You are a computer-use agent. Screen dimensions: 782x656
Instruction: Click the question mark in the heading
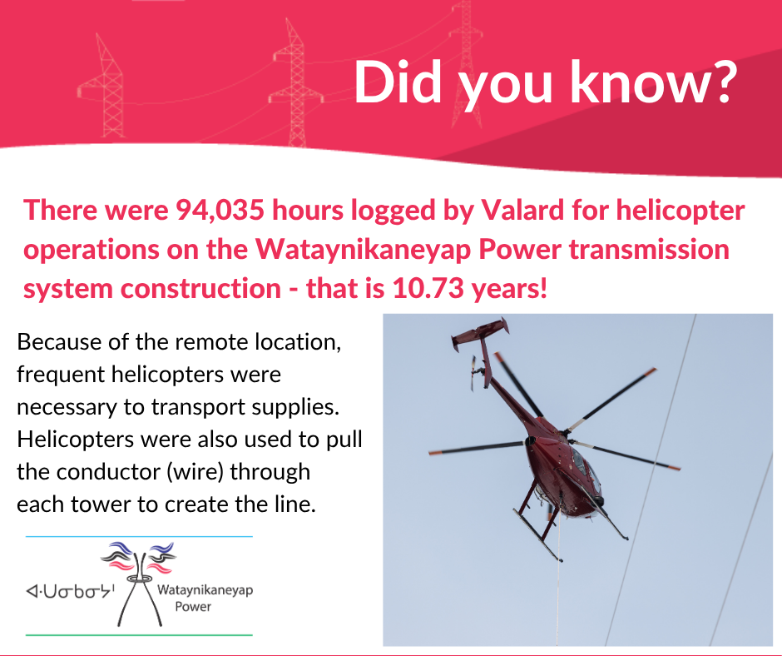pyautogui.click(x=719, y=82)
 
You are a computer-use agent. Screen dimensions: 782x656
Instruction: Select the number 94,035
pyautogui.click(x=220, y=211)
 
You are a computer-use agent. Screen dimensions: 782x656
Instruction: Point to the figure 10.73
pyautogui.click(x=428, y=289)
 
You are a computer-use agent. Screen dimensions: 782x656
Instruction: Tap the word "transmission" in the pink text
pyautogui.click(x=649, y=249)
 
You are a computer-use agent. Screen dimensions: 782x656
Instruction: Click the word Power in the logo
pyautogui.click(x=193, y=607)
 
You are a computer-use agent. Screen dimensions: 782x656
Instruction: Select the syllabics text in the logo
pyautogui.click(x=71, y=591)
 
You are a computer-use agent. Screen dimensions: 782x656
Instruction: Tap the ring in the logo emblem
pyautogui.click(x=139, y=578)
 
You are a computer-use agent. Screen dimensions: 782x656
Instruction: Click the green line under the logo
pyautogui.click(x=139, y=634)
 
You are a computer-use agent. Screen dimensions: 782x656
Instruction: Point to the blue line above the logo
pyautogui.click(x=139, y=536)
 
